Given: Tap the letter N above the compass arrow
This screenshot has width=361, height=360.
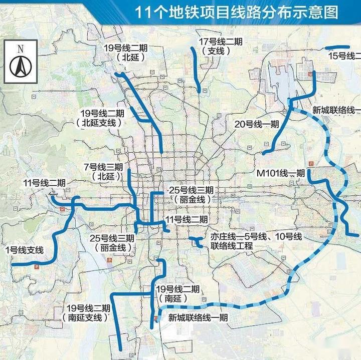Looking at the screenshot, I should [21, 49].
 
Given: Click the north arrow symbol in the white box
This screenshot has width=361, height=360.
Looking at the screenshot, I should [21, 65].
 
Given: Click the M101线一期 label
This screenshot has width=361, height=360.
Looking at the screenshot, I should [280, 173].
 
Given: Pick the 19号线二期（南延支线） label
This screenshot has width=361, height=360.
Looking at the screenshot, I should [88, 312].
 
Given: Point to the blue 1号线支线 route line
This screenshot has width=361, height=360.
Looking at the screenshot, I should [55, 240].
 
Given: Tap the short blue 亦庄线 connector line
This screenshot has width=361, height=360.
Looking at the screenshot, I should [197, 243].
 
